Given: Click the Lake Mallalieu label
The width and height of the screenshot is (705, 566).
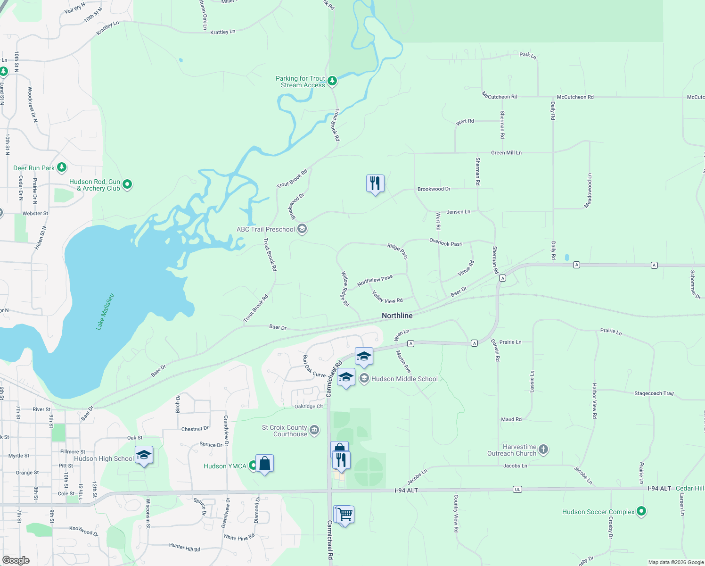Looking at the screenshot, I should [105, 311].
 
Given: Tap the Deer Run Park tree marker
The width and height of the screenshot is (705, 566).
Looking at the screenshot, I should [62, 167].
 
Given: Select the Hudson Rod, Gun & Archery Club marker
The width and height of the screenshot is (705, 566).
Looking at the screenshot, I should [127, 184].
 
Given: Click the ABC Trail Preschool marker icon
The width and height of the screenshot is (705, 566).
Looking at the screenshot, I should [302, 229].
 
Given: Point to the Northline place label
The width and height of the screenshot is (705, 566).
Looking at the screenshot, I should [397, 316].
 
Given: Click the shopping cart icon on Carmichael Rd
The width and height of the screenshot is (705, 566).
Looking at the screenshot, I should [344, 514].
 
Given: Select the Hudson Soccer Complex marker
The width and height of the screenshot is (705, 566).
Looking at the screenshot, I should [641, 511].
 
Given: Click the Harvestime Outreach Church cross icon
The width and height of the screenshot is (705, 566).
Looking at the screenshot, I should [543, 449].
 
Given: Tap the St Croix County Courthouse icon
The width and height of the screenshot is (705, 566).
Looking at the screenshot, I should [314, 430].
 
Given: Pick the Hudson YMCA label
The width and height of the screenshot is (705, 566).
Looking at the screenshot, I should [225, 466].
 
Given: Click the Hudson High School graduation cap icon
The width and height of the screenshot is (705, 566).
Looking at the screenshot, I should [144, 455].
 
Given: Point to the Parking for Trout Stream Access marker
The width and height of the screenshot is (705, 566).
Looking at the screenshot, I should [332, 81].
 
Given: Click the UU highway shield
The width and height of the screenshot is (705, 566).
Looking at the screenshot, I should [518, 490].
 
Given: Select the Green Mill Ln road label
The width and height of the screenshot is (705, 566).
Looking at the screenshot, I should [506, 153].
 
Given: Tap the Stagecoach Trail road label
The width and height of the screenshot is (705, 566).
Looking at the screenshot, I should [654, 393].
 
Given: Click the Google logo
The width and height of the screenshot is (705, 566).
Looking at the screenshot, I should [16, 560].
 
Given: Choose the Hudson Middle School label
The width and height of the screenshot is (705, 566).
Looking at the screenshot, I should [404, 379].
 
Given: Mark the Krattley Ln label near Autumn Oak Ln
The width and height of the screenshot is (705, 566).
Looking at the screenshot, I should [222, 32].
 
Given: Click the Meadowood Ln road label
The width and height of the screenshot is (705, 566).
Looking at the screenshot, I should [589, 190].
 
